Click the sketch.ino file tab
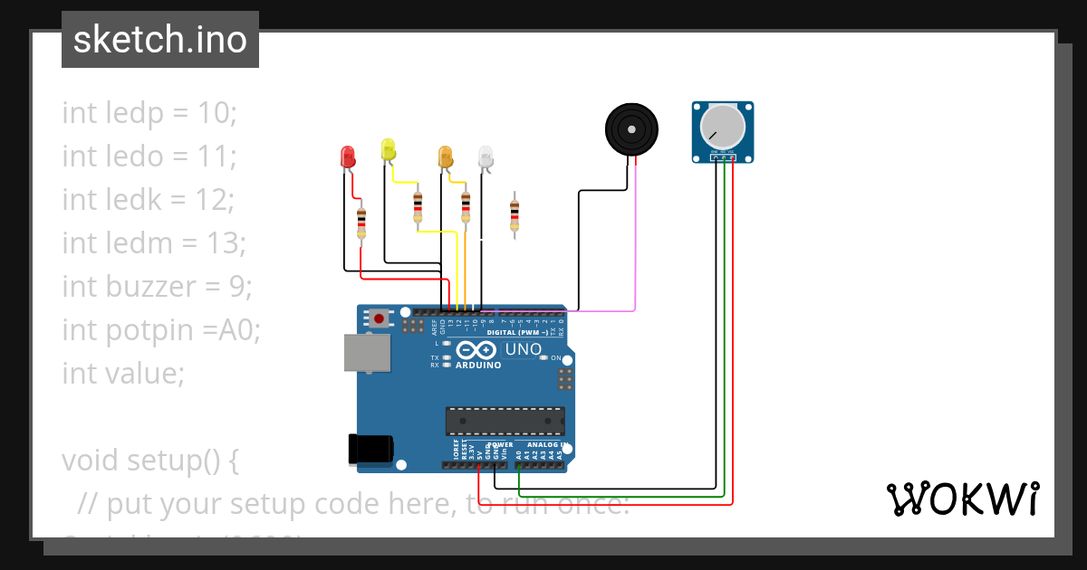click(160, 40)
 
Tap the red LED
click(348, 157)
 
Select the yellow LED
click(389, 149)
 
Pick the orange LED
click(445, 157)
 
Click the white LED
click(486, 157)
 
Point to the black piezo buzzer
click(631, 129)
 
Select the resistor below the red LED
click(361, 221)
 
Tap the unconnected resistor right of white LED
click(515, 214)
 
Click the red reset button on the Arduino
click(379, 318)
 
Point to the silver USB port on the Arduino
click(367, 353)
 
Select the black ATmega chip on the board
click(505, 421)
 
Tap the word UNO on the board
click(523, 349)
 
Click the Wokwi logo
click(962, 499)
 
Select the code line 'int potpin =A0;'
click(161, 329)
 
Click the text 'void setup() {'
click(150, 460)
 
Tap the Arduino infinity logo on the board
click(476, 350)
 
